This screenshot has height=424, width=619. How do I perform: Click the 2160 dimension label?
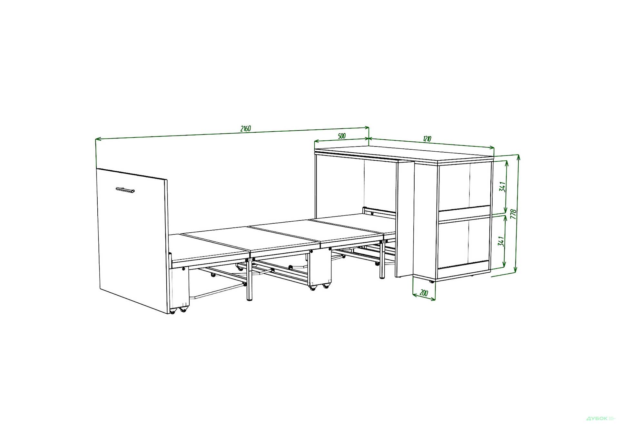[246, 128]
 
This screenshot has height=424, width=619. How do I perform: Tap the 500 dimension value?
[342, 136]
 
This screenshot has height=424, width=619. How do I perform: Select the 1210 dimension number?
[427, 139]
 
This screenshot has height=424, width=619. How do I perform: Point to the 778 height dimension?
[514, 214]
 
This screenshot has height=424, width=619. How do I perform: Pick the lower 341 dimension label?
[501, 241]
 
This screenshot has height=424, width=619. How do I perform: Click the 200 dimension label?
[424, 293]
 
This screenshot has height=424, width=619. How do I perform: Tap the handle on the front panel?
[125, 190]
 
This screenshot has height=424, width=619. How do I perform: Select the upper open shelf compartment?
[464, 187]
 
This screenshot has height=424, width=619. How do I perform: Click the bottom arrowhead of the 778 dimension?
[516, 270]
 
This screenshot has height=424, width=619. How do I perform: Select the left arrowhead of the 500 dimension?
[317, 141]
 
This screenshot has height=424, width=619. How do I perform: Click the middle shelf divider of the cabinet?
[464, 214]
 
